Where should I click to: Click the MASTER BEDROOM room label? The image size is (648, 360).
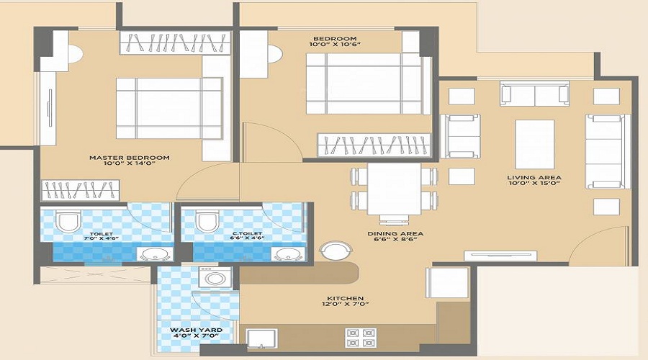(130, 158)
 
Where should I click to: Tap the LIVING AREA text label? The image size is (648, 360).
(534, 177)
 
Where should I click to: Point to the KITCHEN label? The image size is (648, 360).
(344, 298)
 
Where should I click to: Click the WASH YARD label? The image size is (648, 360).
(196, 330)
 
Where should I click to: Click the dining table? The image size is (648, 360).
(394, 189)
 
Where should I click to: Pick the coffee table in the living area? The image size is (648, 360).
(535, 145)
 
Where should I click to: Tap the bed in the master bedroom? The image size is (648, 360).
(169, 108)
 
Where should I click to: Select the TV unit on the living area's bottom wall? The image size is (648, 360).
(500, 253)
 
